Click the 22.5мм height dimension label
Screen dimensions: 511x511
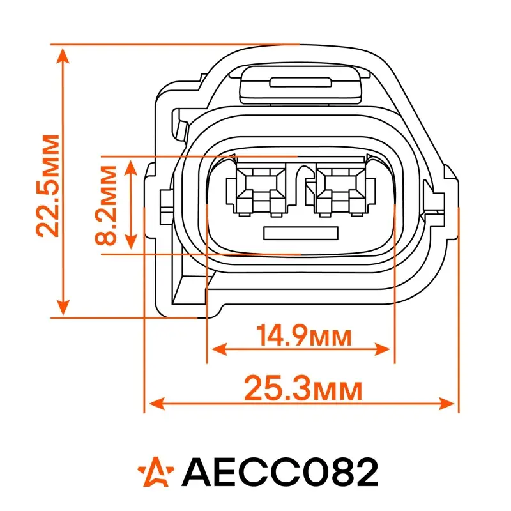(48, 186)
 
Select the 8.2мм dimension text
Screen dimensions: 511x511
(105, 205)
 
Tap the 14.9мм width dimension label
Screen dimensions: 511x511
(304, 335)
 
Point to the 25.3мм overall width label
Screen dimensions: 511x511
(303, 388)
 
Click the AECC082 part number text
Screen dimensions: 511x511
(280, 471)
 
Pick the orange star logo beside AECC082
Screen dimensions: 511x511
(156, 471)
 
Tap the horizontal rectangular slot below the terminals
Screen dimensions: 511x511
(301, 233)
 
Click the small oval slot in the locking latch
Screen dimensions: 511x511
(300, 82)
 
